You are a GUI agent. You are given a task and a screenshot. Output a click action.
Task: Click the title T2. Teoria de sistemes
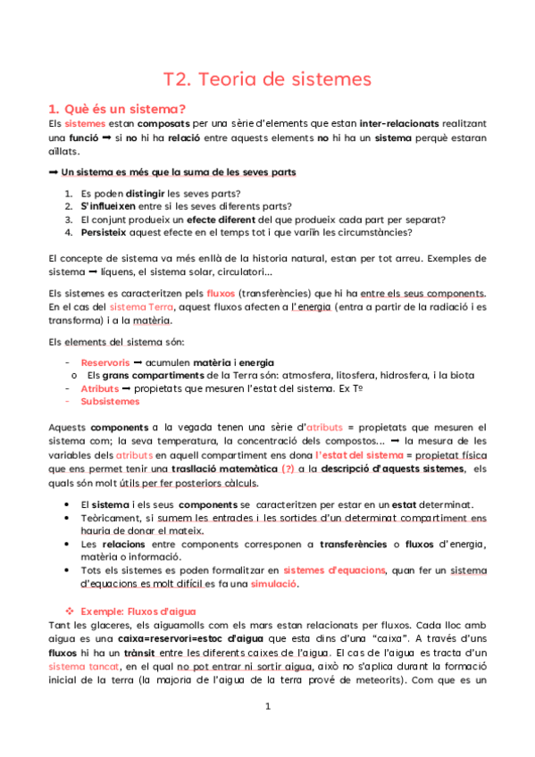pos(267,79)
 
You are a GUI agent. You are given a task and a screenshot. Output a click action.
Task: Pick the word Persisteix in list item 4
pos(103,233)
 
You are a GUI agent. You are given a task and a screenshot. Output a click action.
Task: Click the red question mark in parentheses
pos(288,469)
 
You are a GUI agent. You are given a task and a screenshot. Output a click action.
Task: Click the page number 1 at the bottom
pos(267,730)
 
